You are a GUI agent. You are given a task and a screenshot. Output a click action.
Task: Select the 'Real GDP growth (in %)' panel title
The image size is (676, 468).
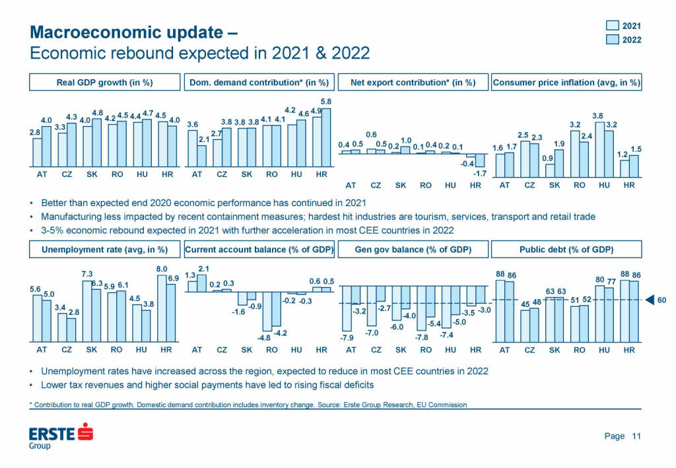(104, 83)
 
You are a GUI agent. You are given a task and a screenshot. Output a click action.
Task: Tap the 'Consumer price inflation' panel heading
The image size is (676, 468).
(566, 83)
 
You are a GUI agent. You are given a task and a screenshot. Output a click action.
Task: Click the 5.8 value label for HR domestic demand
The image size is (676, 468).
(326, 101)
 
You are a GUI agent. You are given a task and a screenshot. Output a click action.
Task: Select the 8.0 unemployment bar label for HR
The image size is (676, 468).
(161, 269)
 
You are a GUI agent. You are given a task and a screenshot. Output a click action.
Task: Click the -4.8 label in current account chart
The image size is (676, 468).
(265, 337)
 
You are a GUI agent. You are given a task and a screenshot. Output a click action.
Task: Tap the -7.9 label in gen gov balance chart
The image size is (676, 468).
(345, 338)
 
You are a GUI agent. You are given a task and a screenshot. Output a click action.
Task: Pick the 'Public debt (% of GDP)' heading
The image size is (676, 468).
(566, 250)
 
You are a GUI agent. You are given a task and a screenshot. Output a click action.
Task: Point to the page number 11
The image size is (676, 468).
(636, 436)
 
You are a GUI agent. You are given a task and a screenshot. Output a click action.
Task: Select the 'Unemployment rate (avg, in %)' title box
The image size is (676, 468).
(104, 250)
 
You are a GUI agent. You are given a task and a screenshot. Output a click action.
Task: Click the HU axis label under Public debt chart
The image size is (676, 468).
(604, 350)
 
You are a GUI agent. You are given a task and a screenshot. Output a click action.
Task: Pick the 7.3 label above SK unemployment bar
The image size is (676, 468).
(86, 274)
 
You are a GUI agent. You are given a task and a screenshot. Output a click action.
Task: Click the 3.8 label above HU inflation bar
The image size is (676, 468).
(598, 116)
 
